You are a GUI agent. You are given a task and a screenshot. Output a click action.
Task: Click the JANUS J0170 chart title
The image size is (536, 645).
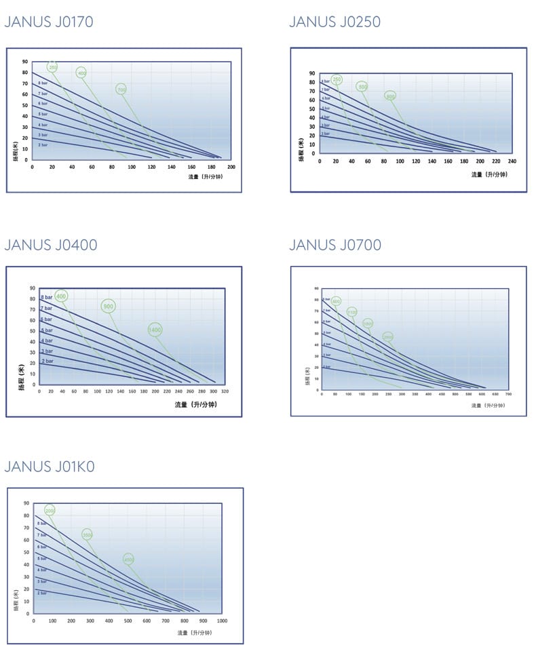coord(49,22)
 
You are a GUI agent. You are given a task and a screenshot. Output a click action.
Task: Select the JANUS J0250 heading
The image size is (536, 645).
coord(334,22)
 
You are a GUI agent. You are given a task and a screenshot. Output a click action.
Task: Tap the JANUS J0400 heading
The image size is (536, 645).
coord(51,245)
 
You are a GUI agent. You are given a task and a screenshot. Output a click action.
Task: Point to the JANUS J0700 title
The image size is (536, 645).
coord(335,245)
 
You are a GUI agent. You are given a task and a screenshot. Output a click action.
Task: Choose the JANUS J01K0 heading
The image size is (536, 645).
coord(50,466)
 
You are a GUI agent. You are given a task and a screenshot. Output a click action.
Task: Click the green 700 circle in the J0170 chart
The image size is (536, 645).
coord(121,90)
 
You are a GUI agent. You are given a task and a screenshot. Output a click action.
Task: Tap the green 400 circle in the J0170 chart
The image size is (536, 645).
coord(82,73)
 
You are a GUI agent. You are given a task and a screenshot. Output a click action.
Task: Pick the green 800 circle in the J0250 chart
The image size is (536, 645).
coord(390,96)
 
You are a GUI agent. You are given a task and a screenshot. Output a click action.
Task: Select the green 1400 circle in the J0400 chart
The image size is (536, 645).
coord(155,330)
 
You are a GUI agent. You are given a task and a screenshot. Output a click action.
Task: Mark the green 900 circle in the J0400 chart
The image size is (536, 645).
coord(108,306)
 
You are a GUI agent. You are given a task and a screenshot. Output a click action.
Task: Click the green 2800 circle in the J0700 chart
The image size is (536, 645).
coord(388,336)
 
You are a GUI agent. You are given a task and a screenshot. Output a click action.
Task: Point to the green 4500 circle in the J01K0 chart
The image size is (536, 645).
coord(128,559)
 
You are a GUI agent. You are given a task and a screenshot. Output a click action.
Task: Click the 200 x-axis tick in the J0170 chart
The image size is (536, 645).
coord(231,167)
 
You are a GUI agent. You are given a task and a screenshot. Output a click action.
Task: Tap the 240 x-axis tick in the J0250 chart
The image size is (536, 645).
coord(512,161)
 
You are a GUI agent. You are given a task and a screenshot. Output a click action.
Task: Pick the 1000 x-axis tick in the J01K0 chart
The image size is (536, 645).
coord(222,621)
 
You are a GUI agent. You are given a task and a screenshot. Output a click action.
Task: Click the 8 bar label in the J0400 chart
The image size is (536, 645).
coord(46,298)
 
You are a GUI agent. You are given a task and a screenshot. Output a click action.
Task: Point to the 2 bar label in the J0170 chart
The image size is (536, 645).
coord(43,145)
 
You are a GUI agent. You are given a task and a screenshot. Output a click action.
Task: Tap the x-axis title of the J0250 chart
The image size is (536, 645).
coord(489,175)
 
